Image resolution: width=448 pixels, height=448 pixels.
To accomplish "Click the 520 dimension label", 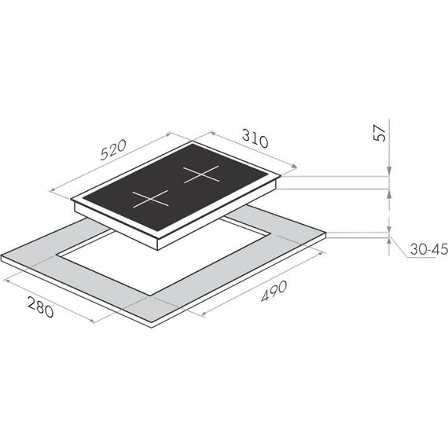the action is coord(113,149).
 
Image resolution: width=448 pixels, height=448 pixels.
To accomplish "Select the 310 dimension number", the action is coord(255,138).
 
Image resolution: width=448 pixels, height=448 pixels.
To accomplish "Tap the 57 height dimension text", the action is coord(380,133).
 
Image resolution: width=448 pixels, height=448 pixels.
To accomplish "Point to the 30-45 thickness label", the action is coord(429,249).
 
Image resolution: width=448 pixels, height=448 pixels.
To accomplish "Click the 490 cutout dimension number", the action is coord(274,291).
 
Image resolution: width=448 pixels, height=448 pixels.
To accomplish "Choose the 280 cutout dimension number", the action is coord(41,307).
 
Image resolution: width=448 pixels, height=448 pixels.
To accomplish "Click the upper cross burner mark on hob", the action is coord(201,174).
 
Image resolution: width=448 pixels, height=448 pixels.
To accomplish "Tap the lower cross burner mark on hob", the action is coord(150,199).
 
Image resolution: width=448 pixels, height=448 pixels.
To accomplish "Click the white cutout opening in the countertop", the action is coord(164,257).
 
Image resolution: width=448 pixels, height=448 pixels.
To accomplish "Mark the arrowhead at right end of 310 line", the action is coord(294,166).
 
